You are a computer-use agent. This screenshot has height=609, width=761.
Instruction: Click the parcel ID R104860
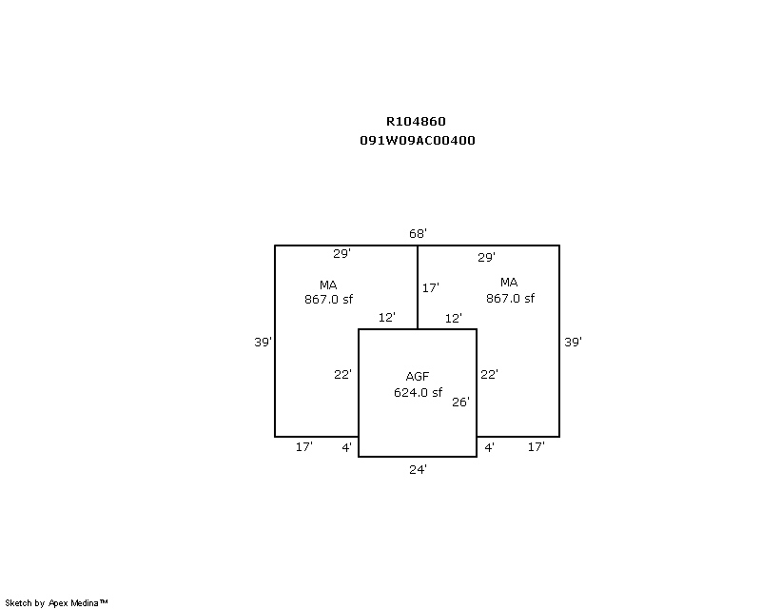[416, 122]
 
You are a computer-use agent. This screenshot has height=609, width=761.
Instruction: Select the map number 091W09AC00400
[418, 141]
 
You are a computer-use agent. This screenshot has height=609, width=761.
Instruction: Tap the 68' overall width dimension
[418, 233]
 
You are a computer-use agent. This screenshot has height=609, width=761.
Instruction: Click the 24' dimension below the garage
[418, 470]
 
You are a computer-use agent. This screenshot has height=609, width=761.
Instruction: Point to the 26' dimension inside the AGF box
[460, 403]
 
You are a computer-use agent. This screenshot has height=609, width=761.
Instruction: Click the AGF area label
[418, 377]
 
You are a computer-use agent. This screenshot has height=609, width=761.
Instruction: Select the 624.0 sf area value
[418, 392]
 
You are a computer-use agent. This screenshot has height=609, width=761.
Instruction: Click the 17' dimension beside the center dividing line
[431, 288]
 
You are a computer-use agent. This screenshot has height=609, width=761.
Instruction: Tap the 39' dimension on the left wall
[263, 342]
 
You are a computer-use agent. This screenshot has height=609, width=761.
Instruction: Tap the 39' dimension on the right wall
[573, 342]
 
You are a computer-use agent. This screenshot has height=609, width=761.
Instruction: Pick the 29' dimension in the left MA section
[341, 253]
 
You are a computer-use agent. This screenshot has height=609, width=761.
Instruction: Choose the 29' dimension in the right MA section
[486, 257]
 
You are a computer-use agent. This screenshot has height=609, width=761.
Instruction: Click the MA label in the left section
[328, 285]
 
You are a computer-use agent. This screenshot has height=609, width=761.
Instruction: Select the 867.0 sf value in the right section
[510, 298]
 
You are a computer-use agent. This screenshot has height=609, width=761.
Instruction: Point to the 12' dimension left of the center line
[387, 318]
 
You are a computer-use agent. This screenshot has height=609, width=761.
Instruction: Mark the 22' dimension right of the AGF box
[489, 374]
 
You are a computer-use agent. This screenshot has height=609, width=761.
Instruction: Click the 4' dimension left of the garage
[346, 448]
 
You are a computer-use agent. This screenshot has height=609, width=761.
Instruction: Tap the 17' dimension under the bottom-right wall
[537, 447]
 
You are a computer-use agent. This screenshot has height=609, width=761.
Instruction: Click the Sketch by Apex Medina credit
[56, 603]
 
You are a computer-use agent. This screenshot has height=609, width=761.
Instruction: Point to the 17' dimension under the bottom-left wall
[304, 447]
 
